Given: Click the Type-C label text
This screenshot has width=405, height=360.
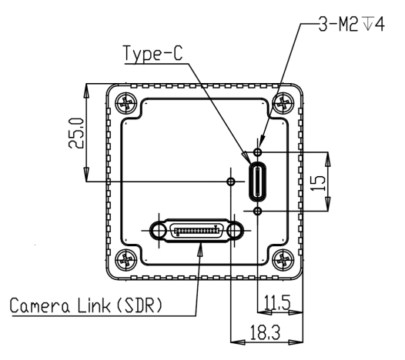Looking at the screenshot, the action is click(153, 53).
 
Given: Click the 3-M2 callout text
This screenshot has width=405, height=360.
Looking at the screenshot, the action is click(338, 25).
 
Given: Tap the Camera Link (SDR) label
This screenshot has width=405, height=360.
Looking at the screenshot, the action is click(86, 305).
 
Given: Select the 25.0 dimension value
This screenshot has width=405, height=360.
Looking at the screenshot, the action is click(76, 133).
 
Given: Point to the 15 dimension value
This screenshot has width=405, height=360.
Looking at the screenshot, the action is click(317, 183).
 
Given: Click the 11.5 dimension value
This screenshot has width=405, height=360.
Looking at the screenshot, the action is click(277, 302).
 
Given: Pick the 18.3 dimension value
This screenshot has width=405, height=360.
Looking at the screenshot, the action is click(265, 332).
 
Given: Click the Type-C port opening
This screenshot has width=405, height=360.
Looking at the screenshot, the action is click(257, 182).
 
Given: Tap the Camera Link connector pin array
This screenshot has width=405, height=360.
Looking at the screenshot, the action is click(196, 230).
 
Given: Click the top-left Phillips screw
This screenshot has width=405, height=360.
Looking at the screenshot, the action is click(126, 103).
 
